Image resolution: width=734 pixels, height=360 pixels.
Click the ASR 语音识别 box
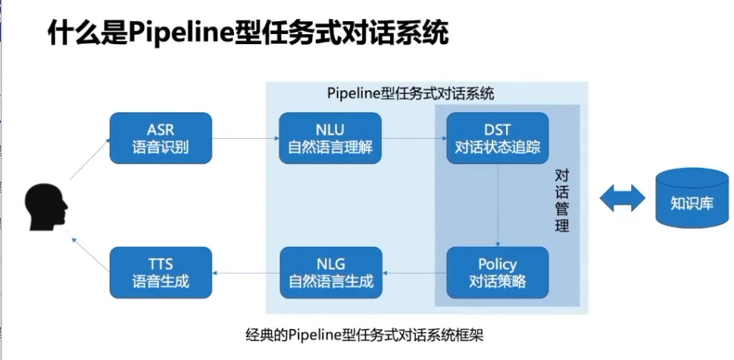(161, 138)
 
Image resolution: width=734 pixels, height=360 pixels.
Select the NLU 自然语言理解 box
(330, 138)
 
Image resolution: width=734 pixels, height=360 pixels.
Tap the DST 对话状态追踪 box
(498, 138)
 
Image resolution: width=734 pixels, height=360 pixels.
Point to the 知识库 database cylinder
(691, 200)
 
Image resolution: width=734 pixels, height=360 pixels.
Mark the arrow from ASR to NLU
(245, 139)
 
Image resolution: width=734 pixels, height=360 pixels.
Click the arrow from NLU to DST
(414, 139)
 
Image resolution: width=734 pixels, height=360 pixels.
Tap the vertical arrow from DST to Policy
(498, 205)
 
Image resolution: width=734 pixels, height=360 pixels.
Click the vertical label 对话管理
(561, 199)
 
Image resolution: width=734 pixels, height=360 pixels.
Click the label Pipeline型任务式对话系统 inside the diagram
(411, 94)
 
